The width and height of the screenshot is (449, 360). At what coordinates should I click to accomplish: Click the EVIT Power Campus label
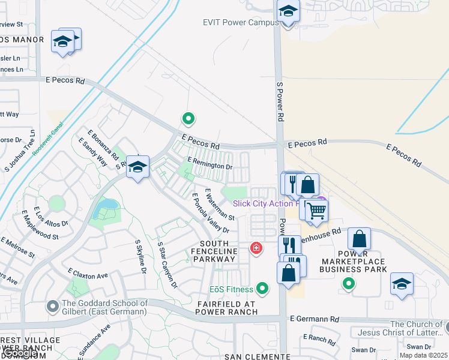click(x=240, y=23)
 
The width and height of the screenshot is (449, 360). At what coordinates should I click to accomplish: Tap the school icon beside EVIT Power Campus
click(x=288, y=11)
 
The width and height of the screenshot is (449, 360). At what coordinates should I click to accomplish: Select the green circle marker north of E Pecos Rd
click(x=188, y=119)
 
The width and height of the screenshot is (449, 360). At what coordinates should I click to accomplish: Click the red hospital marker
click(x=256, y=248)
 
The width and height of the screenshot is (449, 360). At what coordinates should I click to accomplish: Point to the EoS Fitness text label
click(x=231, y=290)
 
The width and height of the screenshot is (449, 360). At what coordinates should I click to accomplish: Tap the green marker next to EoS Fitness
click(x=262, y=289)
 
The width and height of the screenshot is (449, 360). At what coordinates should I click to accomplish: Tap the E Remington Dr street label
click(x=209, y=163)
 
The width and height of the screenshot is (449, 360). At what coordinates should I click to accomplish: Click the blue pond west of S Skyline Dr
click(x=107, y=208)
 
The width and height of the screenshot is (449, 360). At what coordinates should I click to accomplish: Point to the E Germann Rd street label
click(x=314, y=320)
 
